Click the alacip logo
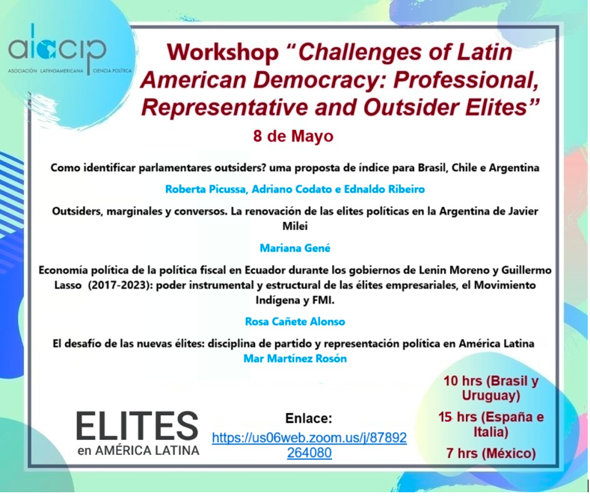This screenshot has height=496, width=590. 70,49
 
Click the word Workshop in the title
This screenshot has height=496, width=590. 223,52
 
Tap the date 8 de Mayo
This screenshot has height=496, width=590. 293,136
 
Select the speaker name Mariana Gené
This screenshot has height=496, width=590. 295,248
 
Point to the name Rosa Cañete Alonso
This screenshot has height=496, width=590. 295,321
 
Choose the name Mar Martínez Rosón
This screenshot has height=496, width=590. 295,359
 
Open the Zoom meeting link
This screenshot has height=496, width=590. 310,445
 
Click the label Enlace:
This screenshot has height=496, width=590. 309,418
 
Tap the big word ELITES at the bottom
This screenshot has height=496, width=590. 138,426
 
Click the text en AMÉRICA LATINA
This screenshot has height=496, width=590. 138,450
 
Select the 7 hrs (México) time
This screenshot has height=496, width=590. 491,453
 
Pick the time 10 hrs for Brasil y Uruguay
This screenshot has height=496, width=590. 491,388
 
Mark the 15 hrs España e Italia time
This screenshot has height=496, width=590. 491,424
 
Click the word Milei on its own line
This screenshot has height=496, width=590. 295,226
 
